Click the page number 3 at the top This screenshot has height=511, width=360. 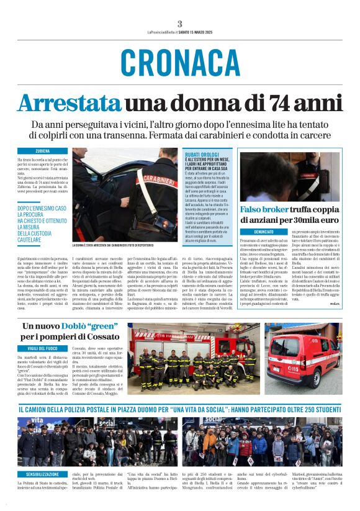click(x=179, y=24)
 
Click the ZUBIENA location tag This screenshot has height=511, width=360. click(x=43, y=151)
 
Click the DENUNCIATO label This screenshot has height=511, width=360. click(x=263, y=231)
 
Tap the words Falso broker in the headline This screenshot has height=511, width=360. click(x=263, y=209)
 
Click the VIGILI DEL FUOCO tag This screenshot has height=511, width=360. click(x=43, y=350)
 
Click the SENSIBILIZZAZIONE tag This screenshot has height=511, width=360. click(x=43, y=474)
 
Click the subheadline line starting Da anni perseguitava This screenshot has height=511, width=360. click(x=180, y=125)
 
